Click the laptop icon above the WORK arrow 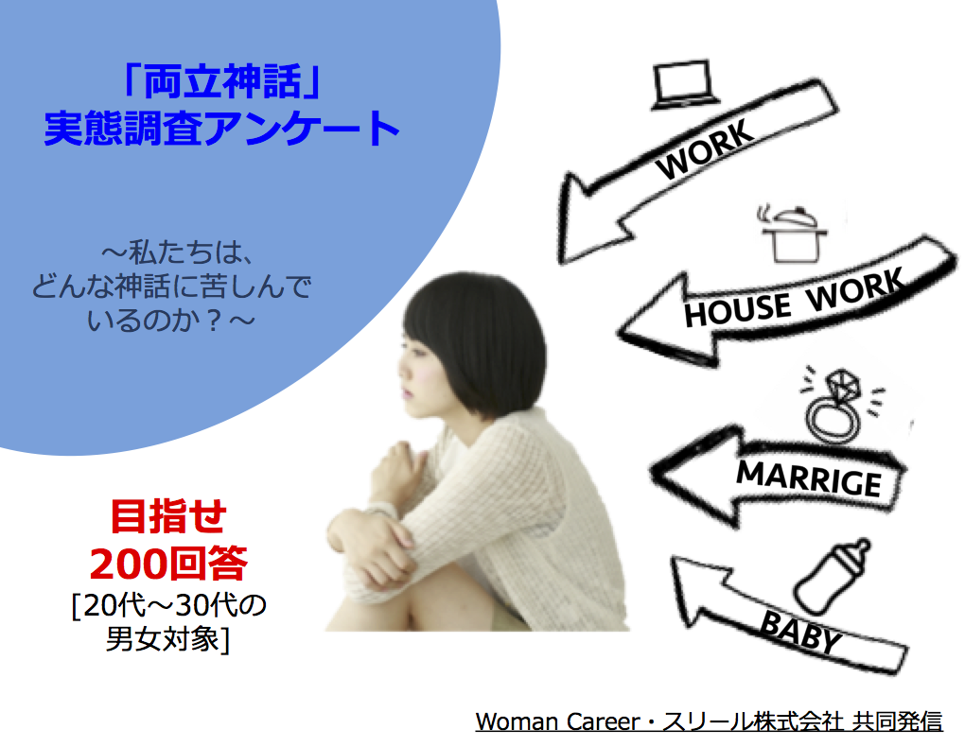[684, 85]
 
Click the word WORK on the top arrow [704, 148]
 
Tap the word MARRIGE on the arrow [809, 478]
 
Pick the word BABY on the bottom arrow [800, 632]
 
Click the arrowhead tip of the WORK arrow [562, 262]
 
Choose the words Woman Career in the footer [557, 721]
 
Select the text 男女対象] [167, 638]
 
